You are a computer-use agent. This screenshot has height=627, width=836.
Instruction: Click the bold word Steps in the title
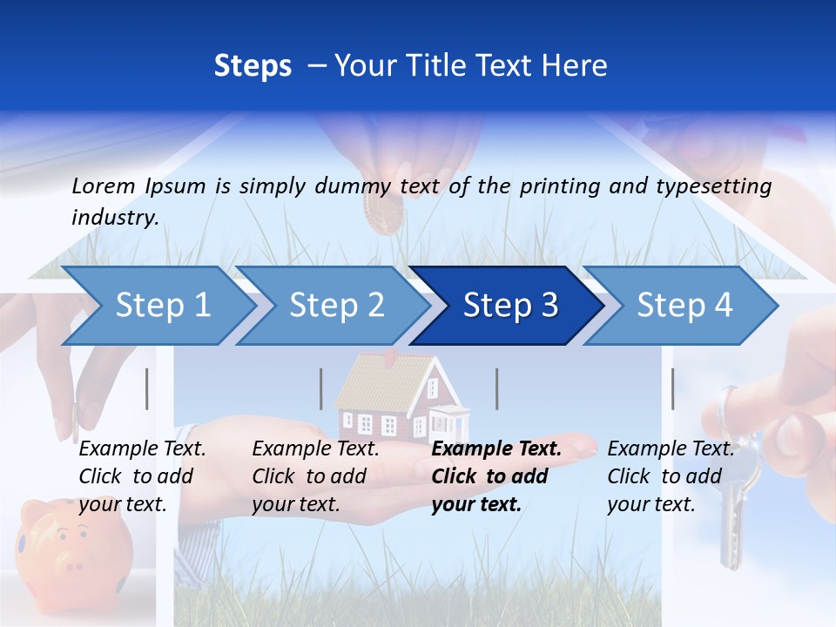point(253,66)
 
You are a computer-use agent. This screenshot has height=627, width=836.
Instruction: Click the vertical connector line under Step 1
point(146,388)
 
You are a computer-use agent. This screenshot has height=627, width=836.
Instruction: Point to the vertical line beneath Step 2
point(321,388)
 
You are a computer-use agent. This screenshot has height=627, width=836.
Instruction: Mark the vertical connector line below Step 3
point(496,388)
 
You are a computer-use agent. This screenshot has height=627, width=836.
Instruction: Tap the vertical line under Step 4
point(672,388)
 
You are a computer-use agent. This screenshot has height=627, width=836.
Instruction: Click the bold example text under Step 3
point(496,476)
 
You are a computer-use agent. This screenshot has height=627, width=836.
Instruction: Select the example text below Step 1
point(142,476)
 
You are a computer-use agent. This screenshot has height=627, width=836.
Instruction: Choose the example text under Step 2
point(315,476)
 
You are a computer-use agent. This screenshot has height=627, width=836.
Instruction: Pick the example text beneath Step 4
point(671,476)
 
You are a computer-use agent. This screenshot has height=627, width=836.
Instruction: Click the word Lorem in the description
point(103,186)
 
